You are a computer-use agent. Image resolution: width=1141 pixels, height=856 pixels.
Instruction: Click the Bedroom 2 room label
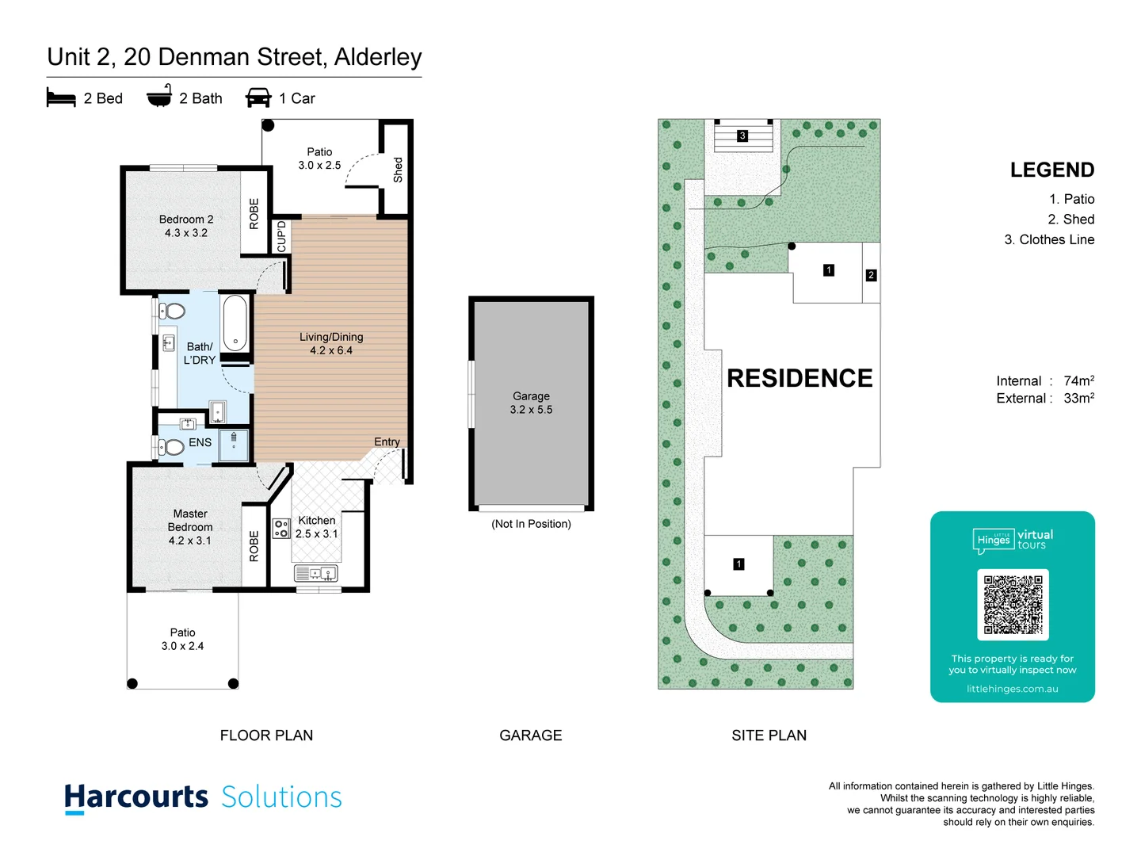(186, 226)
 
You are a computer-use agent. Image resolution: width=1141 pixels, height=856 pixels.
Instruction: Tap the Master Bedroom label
(190, 527)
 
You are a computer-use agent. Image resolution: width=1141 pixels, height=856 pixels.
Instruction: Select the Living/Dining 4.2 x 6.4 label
(331, 343)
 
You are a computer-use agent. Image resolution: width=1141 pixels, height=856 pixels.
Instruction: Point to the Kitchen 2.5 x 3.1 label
(317, 527)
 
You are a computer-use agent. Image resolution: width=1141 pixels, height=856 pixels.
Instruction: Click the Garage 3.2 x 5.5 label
(531, 403)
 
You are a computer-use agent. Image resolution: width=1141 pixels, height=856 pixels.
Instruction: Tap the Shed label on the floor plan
(398, 170)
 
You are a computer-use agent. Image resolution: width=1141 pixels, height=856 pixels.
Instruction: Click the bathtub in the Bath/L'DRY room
(235, 323)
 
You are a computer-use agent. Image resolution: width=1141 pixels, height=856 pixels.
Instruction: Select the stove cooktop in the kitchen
(281, 529)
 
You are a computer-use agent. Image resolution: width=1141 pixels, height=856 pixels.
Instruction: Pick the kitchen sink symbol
(316, 572)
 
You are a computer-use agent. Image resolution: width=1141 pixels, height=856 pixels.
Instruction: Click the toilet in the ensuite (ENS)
(171, 447)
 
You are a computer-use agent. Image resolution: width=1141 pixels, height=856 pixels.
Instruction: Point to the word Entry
(387, 441)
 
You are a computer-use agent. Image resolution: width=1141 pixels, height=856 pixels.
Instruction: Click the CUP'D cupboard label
(281, 236)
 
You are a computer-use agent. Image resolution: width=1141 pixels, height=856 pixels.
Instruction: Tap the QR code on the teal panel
(1013, 604)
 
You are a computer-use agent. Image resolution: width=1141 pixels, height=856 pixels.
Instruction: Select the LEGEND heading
(1051, 170)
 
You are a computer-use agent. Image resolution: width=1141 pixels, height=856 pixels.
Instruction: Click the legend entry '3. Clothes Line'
(1049, 239)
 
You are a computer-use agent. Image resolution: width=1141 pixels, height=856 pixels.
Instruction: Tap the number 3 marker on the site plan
(742, 136)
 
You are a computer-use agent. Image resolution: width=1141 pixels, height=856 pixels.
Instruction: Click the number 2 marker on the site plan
(871, 275)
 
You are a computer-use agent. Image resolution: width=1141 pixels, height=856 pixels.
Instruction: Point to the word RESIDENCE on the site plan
(799, 378)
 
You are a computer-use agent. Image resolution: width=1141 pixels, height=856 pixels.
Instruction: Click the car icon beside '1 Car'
(258, 98)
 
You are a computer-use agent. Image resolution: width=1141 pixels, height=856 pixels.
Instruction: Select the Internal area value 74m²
(1078, 380)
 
